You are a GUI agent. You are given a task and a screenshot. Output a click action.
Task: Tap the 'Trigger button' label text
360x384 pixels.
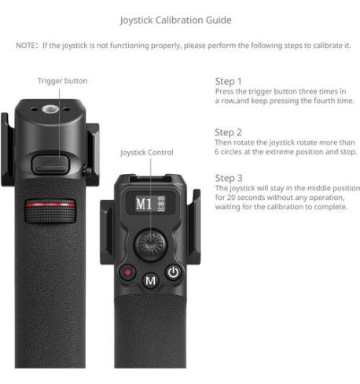(62, 81)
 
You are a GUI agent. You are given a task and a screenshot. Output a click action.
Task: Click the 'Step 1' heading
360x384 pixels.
(229, 81)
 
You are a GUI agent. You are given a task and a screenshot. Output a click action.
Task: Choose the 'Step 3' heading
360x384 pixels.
(229, 178)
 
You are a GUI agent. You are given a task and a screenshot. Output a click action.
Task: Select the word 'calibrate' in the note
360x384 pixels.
(325, 46)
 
